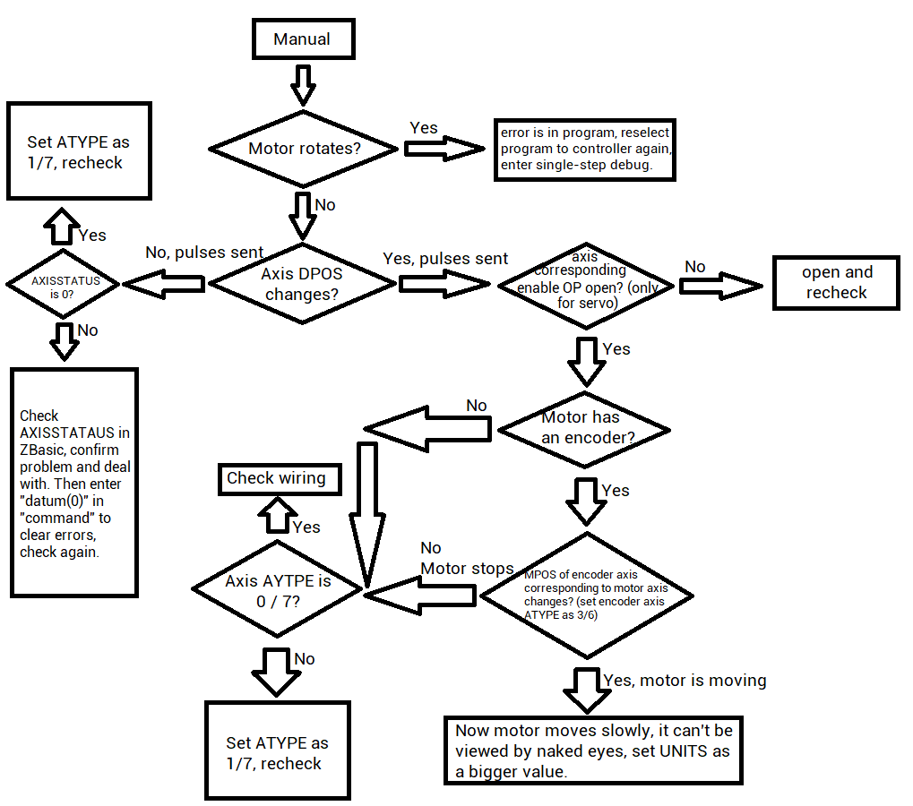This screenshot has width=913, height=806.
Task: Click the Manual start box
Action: coord(302,39)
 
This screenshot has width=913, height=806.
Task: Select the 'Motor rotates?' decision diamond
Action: coord(304,149)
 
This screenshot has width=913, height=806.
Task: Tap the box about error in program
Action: coord(584,149)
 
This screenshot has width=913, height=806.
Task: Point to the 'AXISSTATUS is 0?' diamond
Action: coord(65,285)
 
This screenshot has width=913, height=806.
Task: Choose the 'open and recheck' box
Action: coord(836,283)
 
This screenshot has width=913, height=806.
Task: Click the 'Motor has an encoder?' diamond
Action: coord(583,428)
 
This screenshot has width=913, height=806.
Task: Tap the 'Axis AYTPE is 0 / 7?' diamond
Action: coord(277,590)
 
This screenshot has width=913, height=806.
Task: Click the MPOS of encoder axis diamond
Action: coord(587,596)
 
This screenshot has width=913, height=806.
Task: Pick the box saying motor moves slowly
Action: coord(593,750)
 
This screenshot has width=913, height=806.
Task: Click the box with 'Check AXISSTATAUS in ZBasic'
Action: coord(74,483)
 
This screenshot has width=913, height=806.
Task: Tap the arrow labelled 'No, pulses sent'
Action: coord(164,284)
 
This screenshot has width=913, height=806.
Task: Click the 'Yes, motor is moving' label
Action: coord(685,681)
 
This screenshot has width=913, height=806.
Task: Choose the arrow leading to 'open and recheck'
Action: coord(719,286)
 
